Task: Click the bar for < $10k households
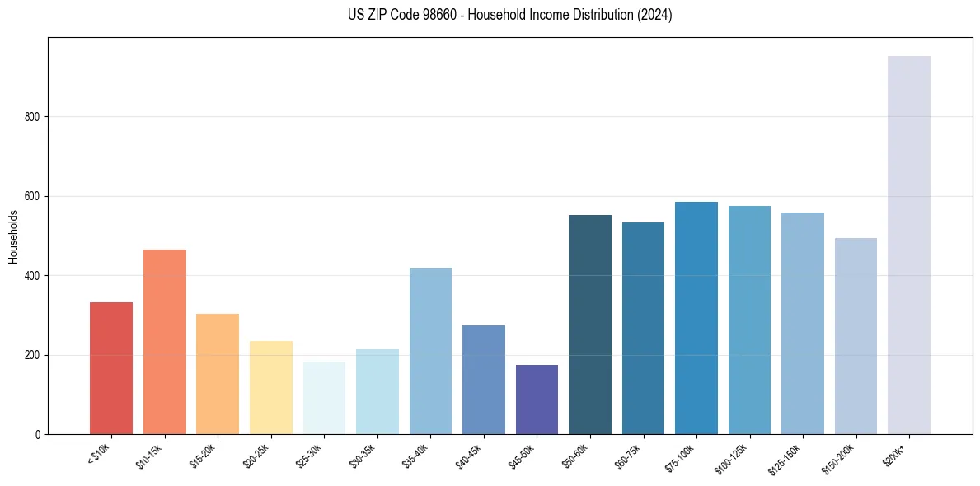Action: tap(111, 368)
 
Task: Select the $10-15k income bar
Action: tap(164, 342)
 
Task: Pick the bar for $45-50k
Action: tap(537, 400)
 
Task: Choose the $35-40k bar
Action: tap(430, 351)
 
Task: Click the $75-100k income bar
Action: tap(696, 318)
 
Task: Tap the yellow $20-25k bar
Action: tap(271, 387)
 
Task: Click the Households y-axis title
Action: tap(13, 236)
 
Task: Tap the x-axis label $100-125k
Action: tap(739, 456)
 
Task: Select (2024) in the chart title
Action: tap(655, 15)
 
